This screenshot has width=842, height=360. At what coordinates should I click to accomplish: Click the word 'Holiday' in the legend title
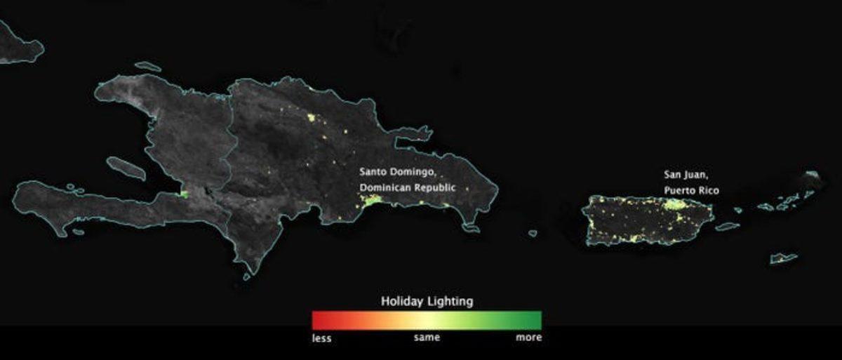tap(402, 301)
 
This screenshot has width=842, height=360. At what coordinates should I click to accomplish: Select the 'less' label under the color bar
tap(321, 338)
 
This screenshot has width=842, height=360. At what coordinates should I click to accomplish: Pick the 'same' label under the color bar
tap(427, 338)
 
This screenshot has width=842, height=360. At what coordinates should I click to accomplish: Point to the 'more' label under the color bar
tap(528, 338)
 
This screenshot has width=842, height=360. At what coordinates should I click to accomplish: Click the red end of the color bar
tap(318, 320)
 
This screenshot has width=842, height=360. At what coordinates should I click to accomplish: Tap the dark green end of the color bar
tap(536, 320)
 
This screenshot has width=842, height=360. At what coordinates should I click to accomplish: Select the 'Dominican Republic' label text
tap(407, 188)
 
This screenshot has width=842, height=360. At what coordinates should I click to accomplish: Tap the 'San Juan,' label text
tap(684, 174)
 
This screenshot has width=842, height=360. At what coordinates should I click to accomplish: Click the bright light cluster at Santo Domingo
tap(371, 201)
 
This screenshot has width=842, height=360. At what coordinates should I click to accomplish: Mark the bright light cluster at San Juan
tap(674, 204)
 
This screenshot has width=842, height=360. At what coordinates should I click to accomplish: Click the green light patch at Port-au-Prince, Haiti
tap(185, 194)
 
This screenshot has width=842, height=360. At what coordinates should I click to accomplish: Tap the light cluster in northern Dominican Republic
tap(312, 117)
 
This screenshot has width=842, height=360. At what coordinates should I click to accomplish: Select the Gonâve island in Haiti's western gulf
tap(126, 168)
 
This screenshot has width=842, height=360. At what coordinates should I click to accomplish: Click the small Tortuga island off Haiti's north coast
tap(147, 67)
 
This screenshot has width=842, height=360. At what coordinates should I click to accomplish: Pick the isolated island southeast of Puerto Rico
tap(783, 258)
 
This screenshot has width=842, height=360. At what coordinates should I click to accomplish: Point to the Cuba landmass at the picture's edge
tap(18, 46)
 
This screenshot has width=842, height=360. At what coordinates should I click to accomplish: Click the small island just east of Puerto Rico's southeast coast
tap(727, 227)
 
